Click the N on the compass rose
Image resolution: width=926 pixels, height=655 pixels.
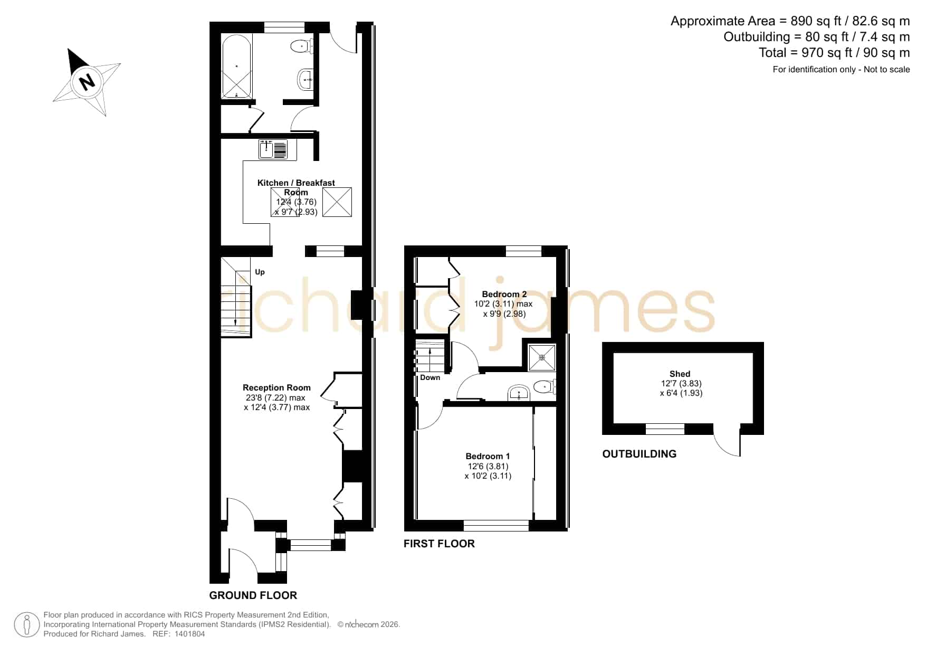pos(86,82)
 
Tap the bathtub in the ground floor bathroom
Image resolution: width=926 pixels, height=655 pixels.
pos(236,67)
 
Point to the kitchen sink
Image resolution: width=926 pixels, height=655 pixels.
pos(273,149)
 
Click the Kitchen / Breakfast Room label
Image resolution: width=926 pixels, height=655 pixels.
pos(296,187)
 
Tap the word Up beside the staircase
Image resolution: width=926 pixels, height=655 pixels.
pos(260,272)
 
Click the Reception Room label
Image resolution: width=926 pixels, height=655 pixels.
pos(276,387)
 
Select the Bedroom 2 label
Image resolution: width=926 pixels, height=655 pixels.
pos(504,294)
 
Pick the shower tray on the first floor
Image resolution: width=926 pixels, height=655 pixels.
pos(542,357)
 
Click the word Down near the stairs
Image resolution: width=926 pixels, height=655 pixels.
pos(430,377)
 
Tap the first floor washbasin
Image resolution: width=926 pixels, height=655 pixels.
pos(519,393)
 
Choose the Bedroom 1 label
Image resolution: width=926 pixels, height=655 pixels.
pos(488,456)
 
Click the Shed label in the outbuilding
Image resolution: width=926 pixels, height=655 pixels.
pos(680,374)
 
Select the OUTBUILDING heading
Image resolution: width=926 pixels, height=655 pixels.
pos(639,454)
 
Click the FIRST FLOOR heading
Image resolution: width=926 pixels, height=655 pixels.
pos(439,544)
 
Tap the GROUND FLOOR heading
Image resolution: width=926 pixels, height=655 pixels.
pos(253,595)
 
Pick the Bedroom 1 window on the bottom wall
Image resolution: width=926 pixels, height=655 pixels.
pos(496,525)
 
